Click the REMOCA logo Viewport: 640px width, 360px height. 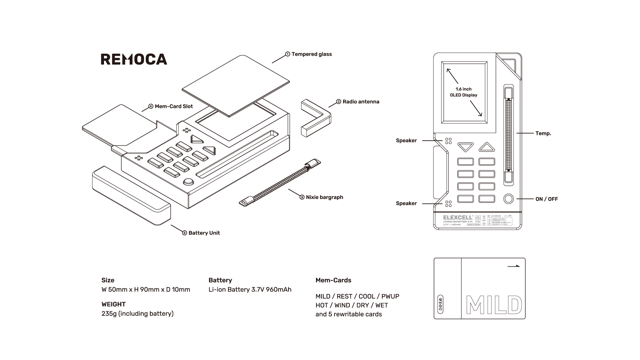click(x=134, y=59)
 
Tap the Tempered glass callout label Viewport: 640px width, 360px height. click(x=311, y=54)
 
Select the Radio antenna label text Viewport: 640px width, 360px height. click(x=361, y=102)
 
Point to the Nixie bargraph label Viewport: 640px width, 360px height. click(x=324, y=197)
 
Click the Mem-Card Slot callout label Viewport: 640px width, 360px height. click(x=173, y=106)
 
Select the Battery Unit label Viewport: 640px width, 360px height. click(x=204, y=233)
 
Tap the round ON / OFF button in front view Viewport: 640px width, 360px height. click(x=508, y=199)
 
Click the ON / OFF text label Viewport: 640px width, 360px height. click(x=546, y=199)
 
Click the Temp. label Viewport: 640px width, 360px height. click(x=543, y=133)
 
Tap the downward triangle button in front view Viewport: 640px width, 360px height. click(x=465, y=147)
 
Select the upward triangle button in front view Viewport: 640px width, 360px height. click(x=487, y=147)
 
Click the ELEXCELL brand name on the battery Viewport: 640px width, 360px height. click(x=458, y=218)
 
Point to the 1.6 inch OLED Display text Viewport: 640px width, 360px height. click(x=463, y=92)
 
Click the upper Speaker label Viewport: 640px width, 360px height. click(x=406, y=141)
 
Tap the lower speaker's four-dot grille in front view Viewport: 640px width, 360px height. click(x=448, y=203)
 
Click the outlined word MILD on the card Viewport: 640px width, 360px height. click(x=493, y=305)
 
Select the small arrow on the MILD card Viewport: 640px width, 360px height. click(x=513, y=266)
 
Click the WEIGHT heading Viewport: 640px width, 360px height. click(x=113, y=304)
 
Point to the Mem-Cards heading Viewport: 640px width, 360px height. click(x=333, y=280)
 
